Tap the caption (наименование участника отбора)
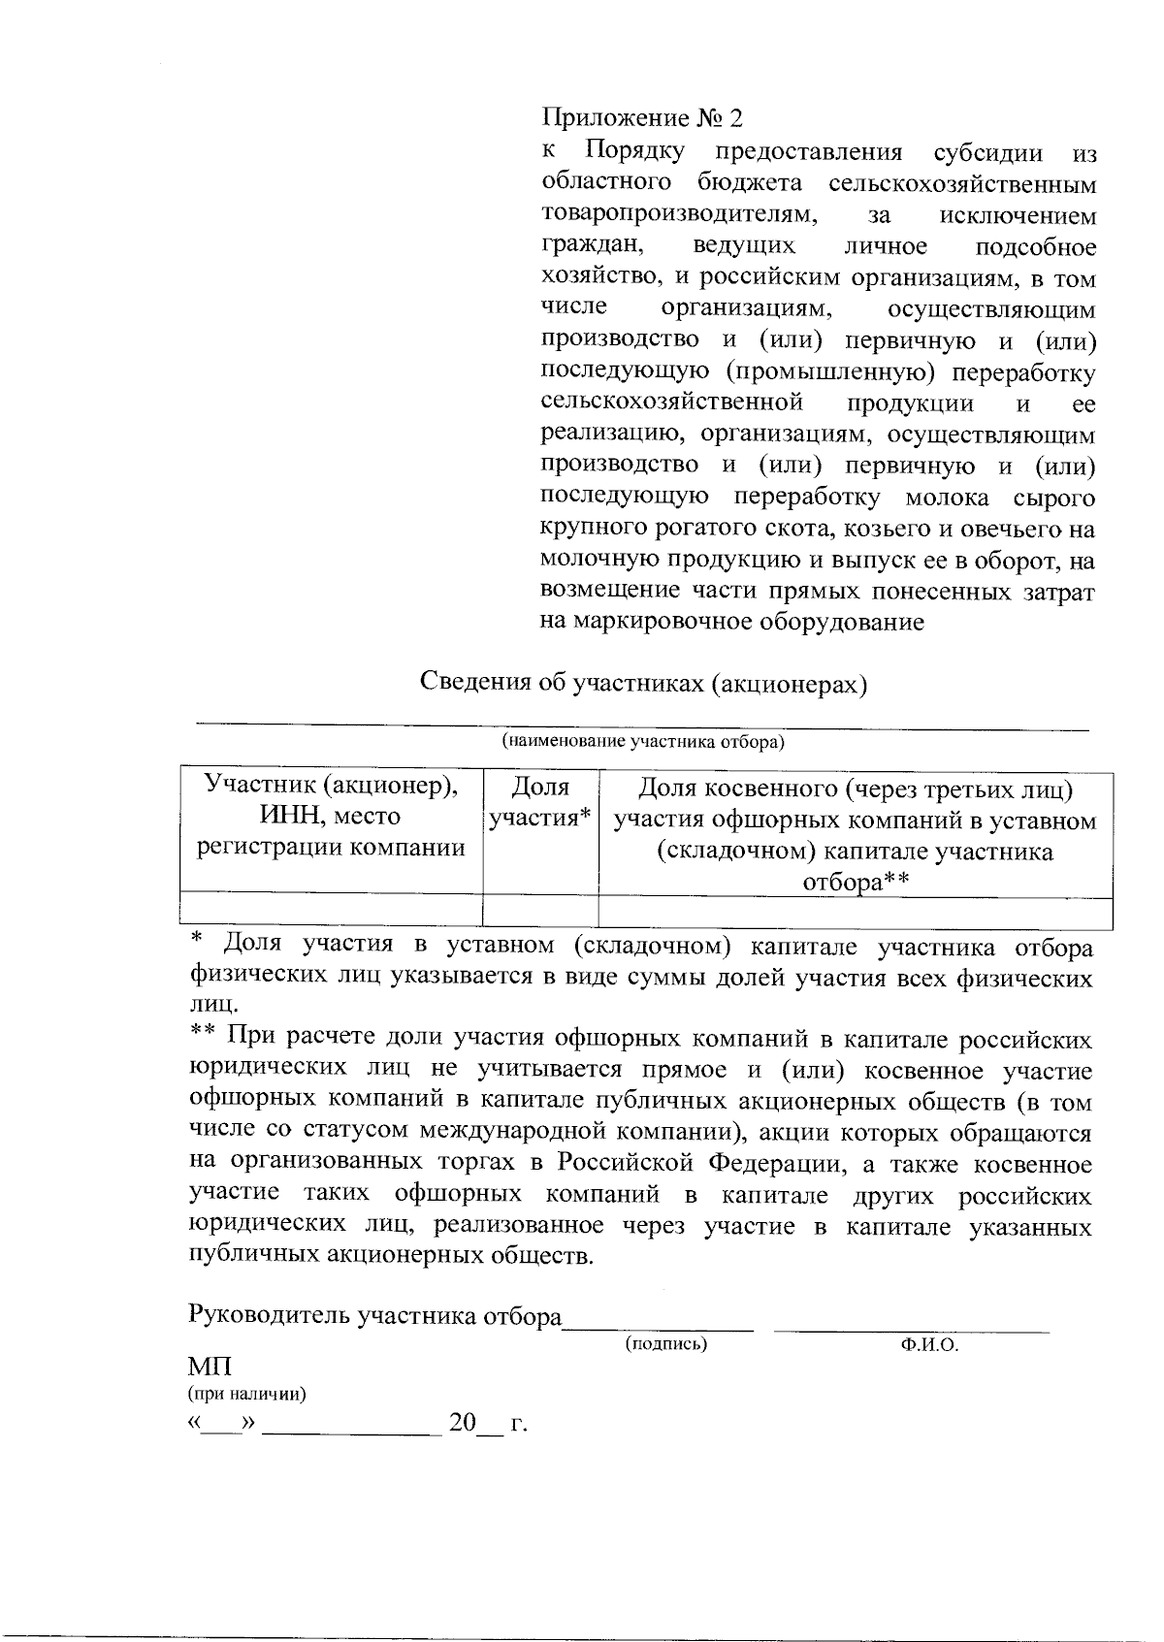tap(642, 743)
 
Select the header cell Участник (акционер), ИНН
tap(332, 816)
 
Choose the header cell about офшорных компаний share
tap(856, 833)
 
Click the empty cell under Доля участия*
tap(540, 913)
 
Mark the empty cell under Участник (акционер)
tap(332, 913)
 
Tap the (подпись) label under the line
tap(666, 1344)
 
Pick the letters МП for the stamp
tap(210, 1368)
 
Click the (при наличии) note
tap(246, 1395)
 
